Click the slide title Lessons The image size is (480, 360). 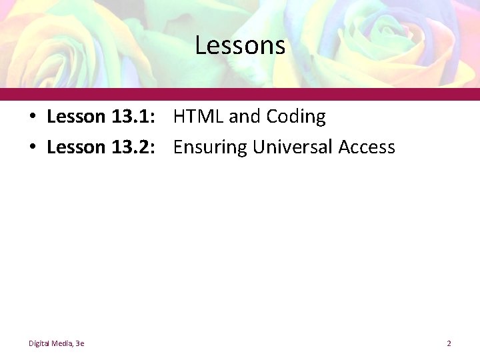pos(240,46)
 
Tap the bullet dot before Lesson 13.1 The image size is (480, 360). pos(32,117)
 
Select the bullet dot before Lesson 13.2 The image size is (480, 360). pos(32,147)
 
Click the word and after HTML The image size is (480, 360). pos(245,117)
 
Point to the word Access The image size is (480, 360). pos(367,147)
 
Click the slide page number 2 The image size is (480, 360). pos(449,343)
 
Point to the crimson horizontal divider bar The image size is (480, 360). pos(240,94)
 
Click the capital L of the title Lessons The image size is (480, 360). pos(200,46)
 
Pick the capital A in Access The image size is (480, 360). pos(344,147)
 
